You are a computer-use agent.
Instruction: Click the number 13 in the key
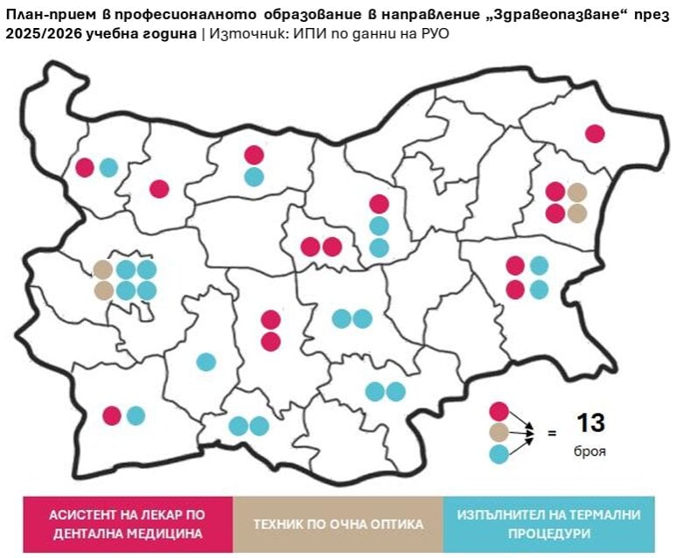(x=590, y=423)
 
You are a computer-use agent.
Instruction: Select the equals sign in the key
(x=552, y=432)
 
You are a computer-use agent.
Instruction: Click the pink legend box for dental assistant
(x=128, y=524)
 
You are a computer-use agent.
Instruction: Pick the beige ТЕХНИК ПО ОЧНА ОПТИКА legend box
(x=338, y=524)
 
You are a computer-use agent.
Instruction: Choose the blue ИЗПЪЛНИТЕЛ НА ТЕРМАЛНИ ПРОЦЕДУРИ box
(x=548, y=524)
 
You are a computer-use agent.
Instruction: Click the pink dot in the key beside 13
(x=499, y=410)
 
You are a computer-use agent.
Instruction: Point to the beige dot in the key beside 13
(x=499, y=432)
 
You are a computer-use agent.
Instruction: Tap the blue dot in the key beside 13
(x=499, y=454)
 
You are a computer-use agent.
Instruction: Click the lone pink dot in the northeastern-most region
(x=595, y=134)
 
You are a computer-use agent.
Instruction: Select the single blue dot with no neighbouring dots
(x=206, y=361)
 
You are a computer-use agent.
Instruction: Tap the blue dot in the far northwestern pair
(x=108, y=167)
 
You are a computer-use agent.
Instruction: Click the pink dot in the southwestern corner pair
(x=112, y=415)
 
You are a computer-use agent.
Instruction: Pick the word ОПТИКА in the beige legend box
(x=396, y=524)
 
